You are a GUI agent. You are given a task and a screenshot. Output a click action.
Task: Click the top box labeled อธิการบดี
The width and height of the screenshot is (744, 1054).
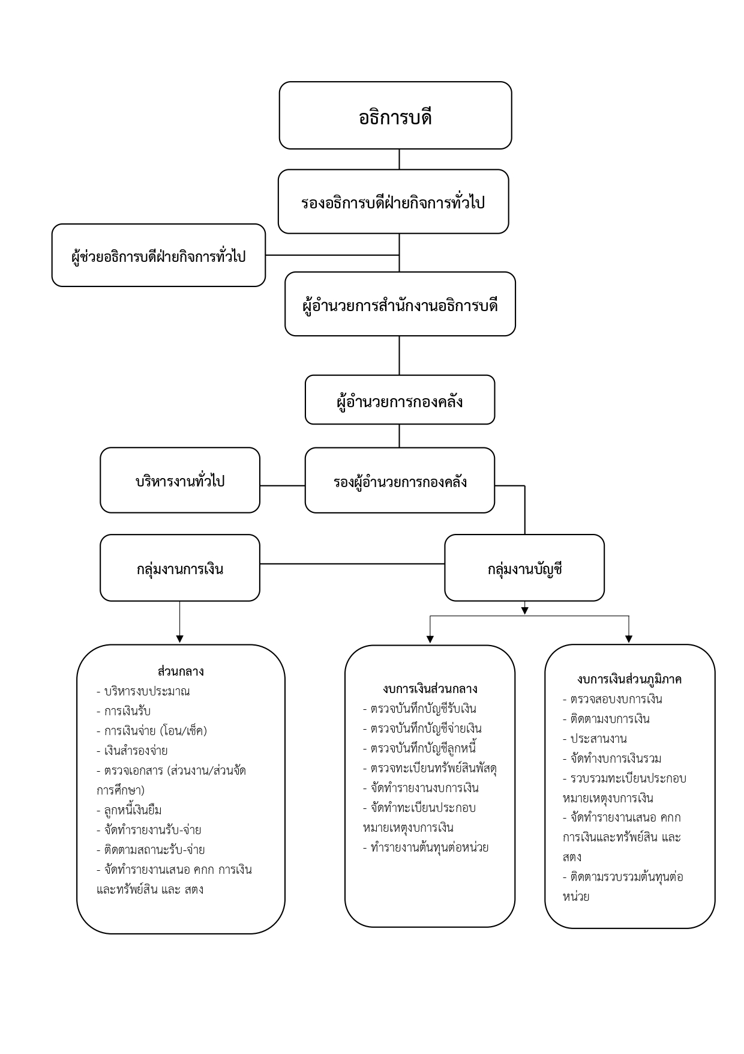click(395, 116)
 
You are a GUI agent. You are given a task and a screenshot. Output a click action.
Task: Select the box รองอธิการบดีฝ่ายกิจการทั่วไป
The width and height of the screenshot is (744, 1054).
click(393, 202)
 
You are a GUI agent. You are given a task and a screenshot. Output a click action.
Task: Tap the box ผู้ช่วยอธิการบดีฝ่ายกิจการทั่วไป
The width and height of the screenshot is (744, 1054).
click(158, 256)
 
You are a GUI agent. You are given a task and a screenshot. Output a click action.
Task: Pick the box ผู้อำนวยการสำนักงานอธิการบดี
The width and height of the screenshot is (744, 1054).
click(400, 304)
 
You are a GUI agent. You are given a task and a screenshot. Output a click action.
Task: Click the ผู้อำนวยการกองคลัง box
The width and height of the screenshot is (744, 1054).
click(400, 400)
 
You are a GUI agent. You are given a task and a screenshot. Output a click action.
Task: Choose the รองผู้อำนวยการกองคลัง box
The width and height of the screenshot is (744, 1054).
click(400, 480)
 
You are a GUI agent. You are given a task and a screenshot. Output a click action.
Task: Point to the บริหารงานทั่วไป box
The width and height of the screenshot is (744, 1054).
click(180, 480)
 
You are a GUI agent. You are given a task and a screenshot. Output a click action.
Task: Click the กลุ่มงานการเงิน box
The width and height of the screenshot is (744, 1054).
click(180, 568)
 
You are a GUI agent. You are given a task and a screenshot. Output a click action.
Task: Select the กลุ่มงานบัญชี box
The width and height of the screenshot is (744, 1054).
click(524, 568)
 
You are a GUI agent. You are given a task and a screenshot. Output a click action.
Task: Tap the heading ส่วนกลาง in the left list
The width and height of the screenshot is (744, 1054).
click(181, 671)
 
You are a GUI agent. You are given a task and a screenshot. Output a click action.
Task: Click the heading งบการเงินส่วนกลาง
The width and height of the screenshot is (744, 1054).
click(430, 688)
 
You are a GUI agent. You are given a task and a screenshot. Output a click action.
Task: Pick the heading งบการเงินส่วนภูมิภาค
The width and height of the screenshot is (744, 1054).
click(629, 679)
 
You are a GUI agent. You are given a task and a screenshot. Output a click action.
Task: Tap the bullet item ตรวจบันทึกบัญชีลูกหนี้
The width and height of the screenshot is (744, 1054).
click(423, 748)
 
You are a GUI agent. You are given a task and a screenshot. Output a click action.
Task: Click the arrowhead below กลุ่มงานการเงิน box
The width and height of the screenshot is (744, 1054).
click(179, 638)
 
